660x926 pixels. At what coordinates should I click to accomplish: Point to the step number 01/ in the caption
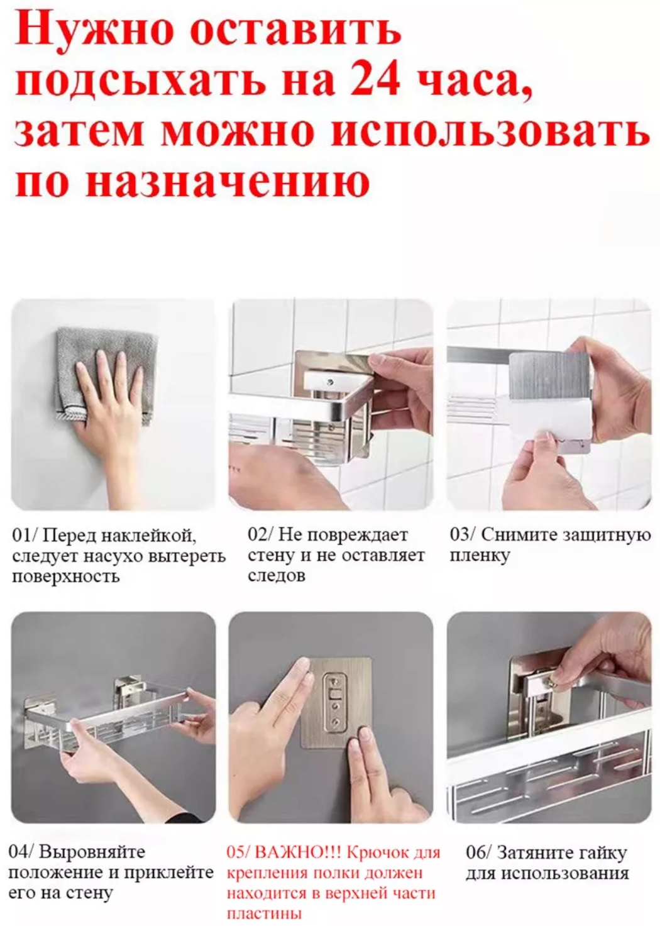(25, 537)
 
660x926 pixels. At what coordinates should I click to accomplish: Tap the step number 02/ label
(261, 536)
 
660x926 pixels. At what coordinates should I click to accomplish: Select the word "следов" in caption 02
(277, 575)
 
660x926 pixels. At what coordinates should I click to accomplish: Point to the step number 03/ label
(463, 536)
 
